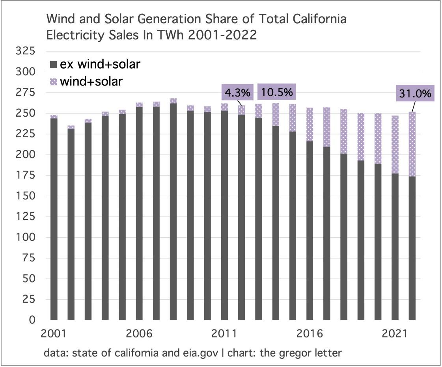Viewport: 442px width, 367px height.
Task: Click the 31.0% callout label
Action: [415, 94]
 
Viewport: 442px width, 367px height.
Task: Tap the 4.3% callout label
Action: [238, 93]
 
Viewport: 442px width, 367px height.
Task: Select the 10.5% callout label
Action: [276, 92]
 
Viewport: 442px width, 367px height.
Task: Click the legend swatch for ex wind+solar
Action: [53, 64]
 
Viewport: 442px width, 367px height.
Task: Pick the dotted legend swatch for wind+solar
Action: [53, 82]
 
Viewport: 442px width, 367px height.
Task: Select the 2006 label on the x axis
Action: [138, 333]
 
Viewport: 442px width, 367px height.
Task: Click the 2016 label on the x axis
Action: [309, 333]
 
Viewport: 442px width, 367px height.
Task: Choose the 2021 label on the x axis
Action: [394, 333]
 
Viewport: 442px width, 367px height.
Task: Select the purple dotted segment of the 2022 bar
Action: [412, 144]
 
